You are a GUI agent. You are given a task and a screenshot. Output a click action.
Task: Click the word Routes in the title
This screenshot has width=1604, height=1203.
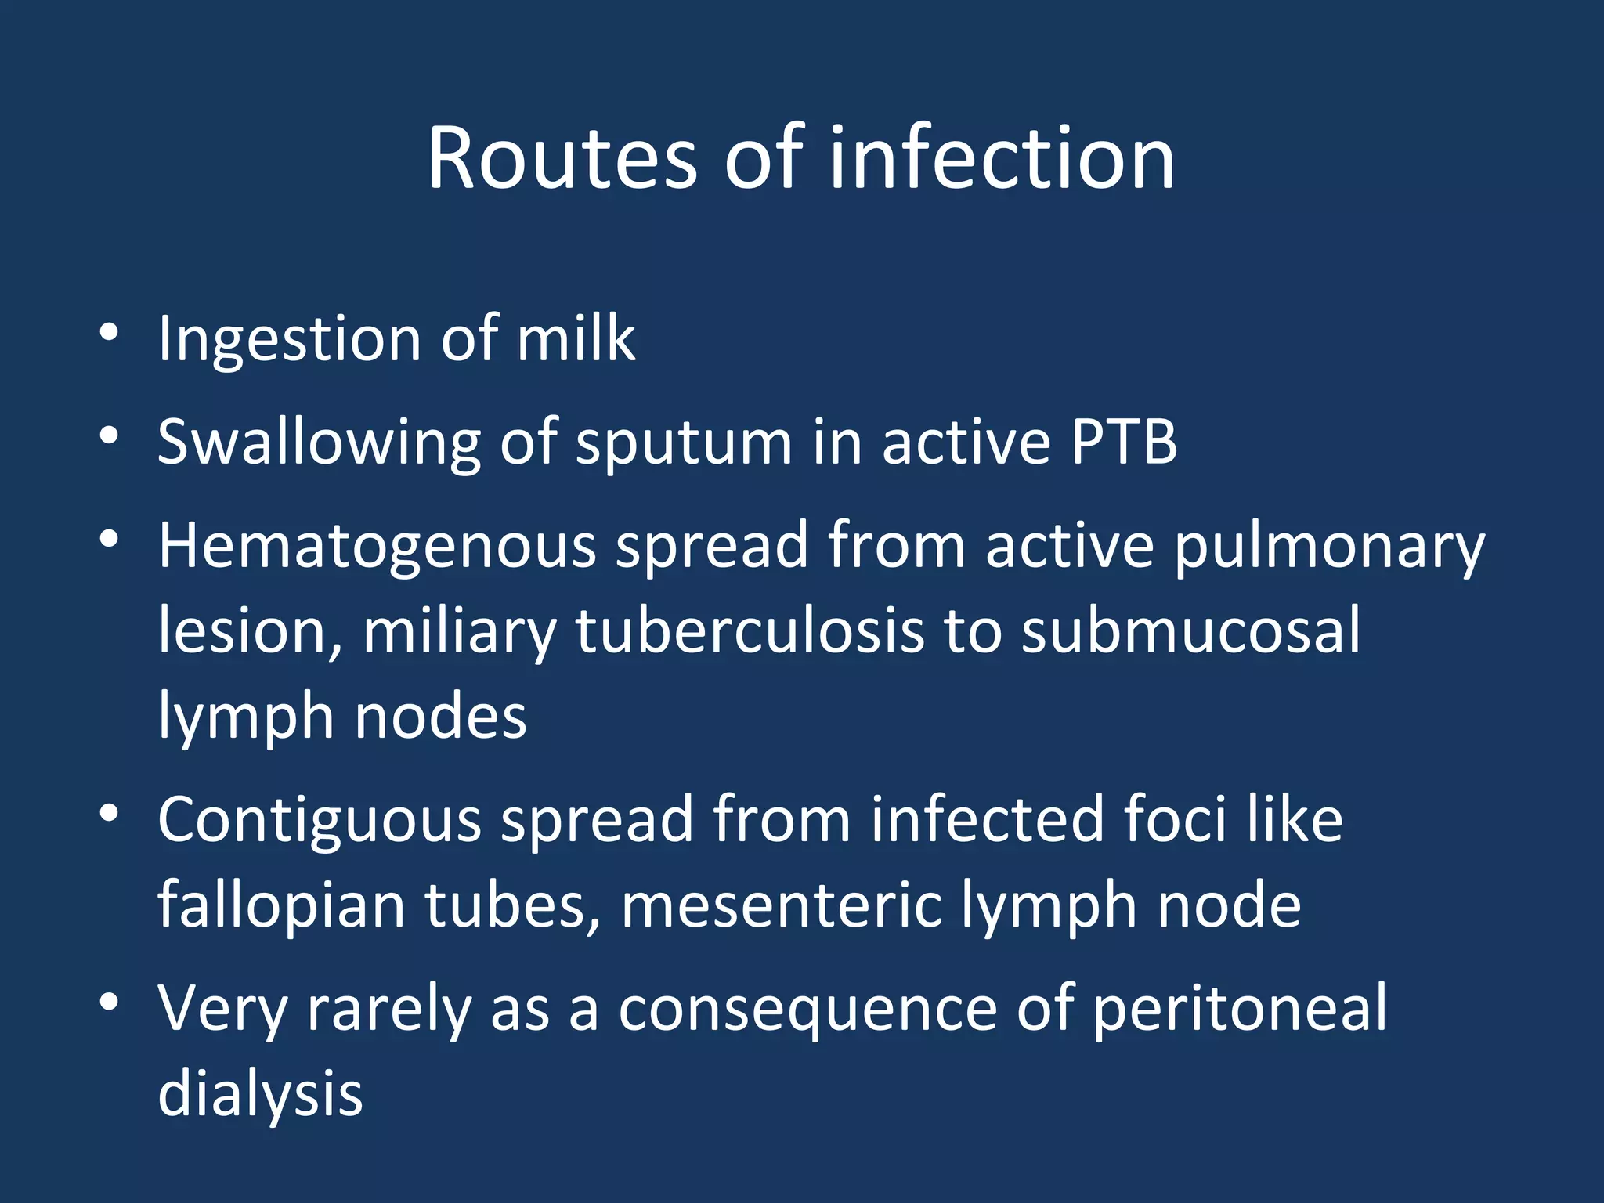[561, 158]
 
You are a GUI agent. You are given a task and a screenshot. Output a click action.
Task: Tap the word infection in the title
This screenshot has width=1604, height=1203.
[1002, 158]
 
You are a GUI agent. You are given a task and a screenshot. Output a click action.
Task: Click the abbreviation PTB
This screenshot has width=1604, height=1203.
[1124, 443]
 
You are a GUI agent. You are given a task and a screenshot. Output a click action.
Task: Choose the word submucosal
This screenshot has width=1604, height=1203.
[1191, 630]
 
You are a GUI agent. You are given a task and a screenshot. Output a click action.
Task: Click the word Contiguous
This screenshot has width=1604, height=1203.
[319, 820]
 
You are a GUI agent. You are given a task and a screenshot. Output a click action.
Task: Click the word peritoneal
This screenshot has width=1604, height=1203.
[1239, 1010]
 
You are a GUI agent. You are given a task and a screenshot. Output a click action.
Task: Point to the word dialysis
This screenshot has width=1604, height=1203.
[260, 1094]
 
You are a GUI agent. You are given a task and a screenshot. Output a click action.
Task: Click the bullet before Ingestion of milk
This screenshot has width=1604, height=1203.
[109, 332]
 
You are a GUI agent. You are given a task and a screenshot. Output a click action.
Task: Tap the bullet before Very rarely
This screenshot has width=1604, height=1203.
[109, 1002]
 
